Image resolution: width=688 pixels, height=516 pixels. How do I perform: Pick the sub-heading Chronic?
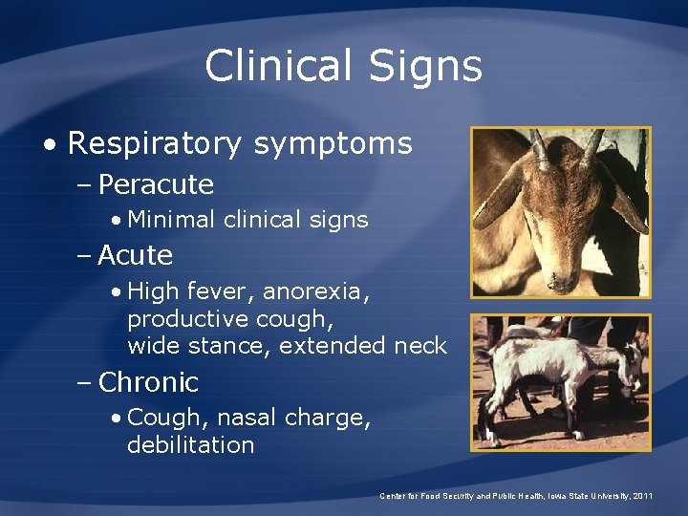pos(148,382)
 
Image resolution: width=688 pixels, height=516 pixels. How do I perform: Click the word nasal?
pos(244,418)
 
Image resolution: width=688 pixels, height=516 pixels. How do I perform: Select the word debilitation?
pos(190,445)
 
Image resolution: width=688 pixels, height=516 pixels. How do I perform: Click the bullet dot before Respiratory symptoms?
pos(49,145)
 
